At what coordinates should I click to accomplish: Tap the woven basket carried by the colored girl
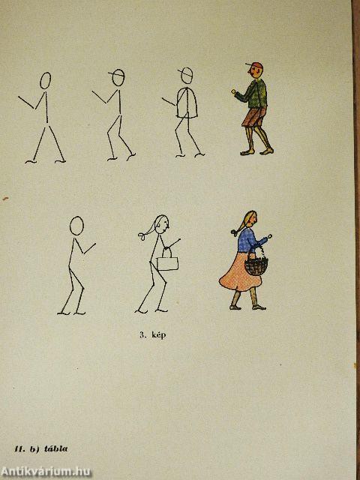[x=256, y=265]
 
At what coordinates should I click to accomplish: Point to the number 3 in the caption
[x=142, y=335]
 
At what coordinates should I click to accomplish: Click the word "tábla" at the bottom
[x=56, y=449]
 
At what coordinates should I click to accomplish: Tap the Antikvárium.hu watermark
[x=46, y=472]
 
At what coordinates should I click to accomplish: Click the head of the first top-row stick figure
[x=45, y=80]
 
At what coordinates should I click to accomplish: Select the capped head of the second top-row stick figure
[x=118, y=77]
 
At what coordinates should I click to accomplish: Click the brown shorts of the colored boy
[x=254, y=117]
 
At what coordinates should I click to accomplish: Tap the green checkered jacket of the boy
[x=255, y=94]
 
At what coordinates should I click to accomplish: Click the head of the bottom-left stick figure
[x=76, y=226]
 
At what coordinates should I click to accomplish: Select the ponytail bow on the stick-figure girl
[x=142, y=236]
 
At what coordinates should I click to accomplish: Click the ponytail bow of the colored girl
[x=235, y=232]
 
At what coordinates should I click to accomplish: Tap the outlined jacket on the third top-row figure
[x=187, y=103]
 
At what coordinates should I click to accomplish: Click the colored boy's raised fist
[x=234, y=91]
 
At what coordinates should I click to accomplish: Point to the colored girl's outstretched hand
[x=268, y=236]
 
